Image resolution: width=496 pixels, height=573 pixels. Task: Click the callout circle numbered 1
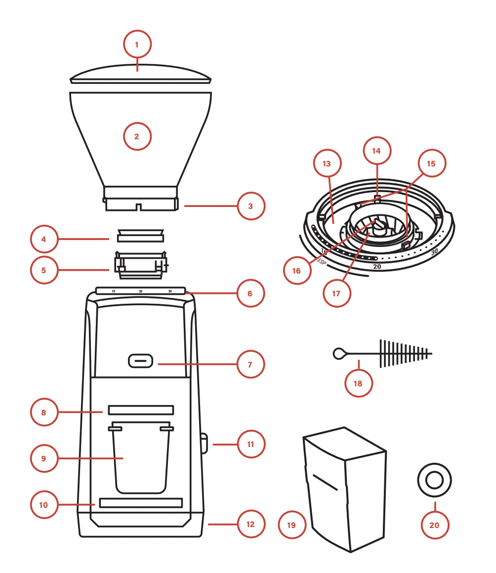point(137,45)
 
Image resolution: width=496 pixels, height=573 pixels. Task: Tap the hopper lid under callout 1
point(140,74)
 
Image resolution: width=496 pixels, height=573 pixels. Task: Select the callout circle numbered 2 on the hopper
point(137,136)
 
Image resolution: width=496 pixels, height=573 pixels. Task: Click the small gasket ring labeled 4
point(140,235)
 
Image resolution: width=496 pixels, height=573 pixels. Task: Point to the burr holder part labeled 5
point(141,262)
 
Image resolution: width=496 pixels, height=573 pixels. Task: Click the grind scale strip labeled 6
point(141,291)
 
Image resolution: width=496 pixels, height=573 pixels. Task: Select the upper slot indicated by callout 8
point(141,410)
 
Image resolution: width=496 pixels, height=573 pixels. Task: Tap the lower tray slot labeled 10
point(141,503)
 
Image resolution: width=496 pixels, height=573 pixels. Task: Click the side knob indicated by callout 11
point(204,443)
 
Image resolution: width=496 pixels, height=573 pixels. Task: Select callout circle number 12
point(250,524)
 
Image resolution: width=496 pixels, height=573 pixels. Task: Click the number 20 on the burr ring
point(377,266)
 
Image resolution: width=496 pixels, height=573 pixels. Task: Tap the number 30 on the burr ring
point(434,251)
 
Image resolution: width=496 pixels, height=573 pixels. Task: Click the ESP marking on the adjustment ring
point(322,262)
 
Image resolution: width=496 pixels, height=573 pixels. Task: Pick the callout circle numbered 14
point(376,151)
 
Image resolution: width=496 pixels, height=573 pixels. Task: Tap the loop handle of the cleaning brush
point(339,353)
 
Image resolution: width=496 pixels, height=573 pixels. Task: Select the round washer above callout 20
point(434,479)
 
